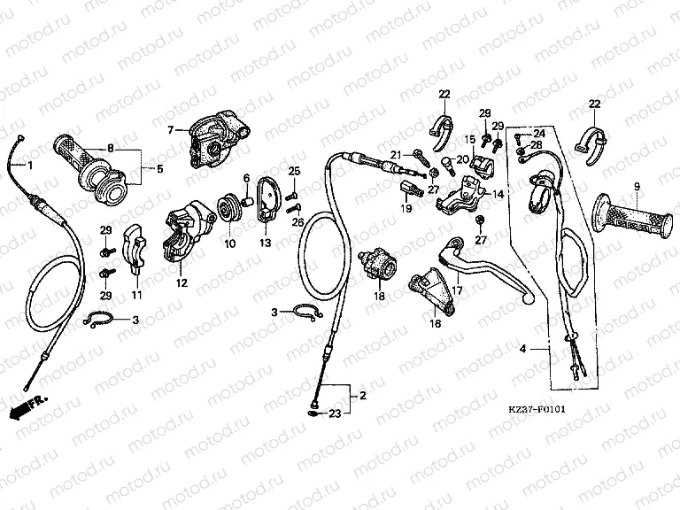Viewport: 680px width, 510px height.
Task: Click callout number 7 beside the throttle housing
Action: coord(171,130)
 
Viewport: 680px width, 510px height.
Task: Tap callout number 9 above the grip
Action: coord(636,186)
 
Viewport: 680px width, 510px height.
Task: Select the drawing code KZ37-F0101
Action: coord(537,411)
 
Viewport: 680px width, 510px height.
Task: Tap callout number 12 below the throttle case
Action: coord(182,283)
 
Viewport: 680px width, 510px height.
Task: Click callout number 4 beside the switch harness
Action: coord(522,350)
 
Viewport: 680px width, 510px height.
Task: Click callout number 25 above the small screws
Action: coord(296,170)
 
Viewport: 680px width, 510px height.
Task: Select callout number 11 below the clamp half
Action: coord(136,294)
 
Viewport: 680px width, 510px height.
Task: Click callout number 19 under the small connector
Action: coord(406,208)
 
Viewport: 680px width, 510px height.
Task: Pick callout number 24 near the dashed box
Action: coord(538,134)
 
